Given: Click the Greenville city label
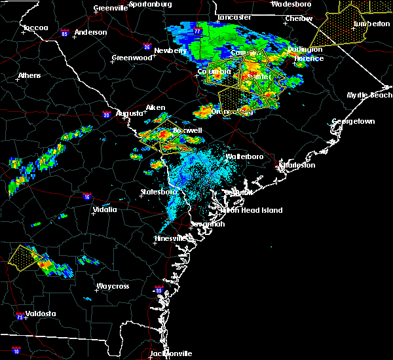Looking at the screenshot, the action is coord(109,8).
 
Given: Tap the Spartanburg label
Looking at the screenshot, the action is coord(150,4).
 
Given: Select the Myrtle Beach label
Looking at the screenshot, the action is coord(370,95).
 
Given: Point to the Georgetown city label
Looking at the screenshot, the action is coord(353,122).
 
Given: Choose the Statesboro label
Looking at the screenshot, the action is coord(159,192).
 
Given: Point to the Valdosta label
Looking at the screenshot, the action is coord(37,314).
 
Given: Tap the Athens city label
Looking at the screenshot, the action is coord(29,75).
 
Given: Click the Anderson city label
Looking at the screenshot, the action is coord(91,32).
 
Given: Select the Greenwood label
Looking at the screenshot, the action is coord(127,58).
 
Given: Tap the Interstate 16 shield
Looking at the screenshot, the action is coord(86,196).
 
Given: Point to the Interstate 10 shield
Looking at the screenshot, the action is coord(16,351).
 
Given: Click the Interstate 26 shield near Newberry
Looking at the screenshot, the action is coord(148,47).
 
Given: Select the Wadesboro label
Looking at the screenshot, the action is coord(291,4).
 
